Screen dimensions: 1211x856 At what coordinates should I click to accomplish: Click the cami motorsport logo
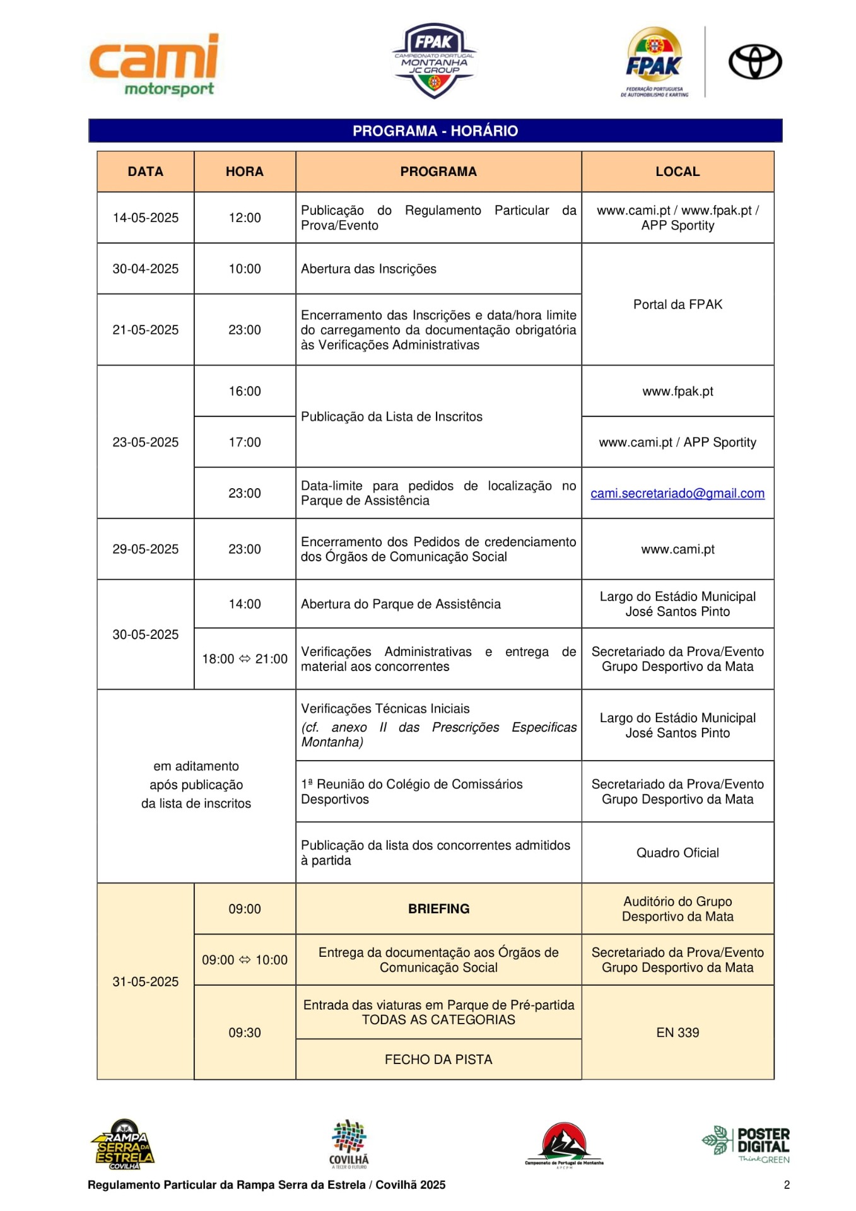155,64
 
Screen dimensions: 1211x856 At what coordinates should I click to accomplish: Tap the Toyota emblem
754,62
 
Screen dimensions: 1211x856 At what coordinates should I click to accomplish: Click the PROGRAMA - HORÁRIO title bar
435,131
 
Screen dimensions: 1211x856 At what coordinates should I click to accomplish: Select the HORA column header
244,172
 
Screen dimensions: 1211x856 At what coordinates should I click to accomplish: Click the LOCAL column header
677,172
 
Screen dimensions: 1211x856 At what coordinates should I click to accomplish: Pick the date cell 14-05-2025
145,218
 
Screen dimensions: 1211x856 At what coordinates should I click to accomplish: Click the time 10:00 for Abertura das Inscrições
244,269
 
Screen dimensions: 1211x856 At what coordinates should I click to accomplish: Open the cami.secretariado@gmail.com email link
677,493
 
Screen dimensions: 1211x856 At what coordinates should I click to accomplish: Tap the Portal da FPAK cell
677,304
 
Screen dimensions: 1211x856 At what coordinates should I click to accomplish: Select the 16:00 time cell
244,391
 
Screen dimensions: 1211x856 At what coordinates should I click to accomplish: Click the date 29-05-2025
145,549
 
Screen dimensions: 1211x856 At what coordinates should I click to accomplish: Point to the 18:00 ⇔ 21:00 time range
244,658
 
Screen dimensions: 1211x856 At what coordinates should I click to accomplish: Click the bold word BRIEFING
438,908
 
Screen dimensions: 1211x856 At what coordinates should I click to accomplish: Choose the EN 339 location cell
677,1033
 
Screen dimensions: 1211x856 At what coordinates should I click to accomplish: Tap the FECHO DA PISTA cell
438,1059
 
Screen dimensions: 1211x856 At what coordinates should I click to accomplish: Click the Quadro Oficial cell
677,853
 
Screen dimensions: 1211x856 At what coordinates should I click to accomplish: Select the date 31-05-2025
145,981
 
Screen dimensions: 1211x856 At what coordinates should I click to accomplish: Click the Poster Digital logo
747,1145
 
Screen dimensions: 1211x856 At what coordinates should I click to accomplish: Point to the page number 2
787,1185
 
